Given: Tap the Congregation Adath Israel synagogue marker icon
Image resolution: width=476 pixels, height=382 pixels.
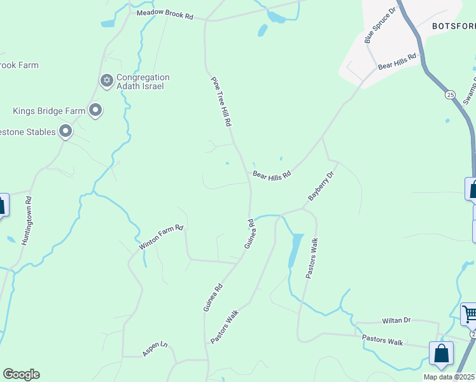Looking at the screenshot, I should [x=107, y=80].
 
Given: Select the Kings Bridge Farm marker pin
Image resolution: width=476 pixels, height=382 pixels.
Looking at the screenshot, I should [x=96, y=111].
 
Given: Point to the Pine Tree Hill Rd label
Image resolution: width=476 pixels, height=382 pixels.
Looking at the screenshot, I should [x=221, y=101].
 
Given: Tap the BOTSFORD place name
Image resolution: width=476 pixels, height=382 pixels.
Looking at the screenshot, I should [x=453, y=26].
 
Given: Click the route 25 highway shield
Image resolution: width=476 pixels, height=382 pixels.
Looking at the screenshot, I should [x=451, y=94].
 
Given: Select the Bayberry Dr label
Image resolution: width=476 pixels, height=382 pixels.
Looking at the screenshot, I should [x=321, y=186].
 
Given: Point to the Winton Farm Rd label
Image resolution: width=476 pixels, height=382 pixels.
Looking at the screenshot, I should [x=161, y=237].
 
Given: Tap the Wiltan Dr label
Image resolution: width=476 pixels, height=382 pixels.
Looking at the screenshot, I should [x=396, y=321].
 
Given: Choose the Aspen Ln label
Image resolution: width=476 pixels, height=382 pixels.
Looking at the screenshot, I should [x=155, y=349].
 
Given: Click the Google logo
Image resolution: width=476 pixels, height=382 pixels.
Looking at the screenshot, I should [x=21, y=374].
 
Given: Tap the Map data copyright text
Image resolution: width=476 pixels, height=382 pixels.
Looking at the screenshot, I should [x=449, y=377].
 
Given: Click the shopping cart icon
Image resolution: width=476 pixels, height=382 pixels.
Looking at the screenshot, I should [x=470, y=313].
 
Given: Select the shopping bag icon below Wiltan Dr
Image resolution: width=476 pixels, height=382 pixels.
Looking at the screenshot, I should [x=441, y=353].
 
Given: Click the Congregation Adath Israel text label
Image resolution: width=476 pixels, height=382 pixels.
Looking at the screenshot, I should [x=144, y=81].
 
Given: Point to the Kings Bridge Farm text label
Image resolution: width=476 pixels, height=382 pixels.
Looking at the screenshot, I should [x=48, y=111].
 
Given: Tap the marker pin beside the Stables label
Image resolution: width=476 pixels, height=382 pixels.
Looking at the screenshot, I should [x=66, y=132].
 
